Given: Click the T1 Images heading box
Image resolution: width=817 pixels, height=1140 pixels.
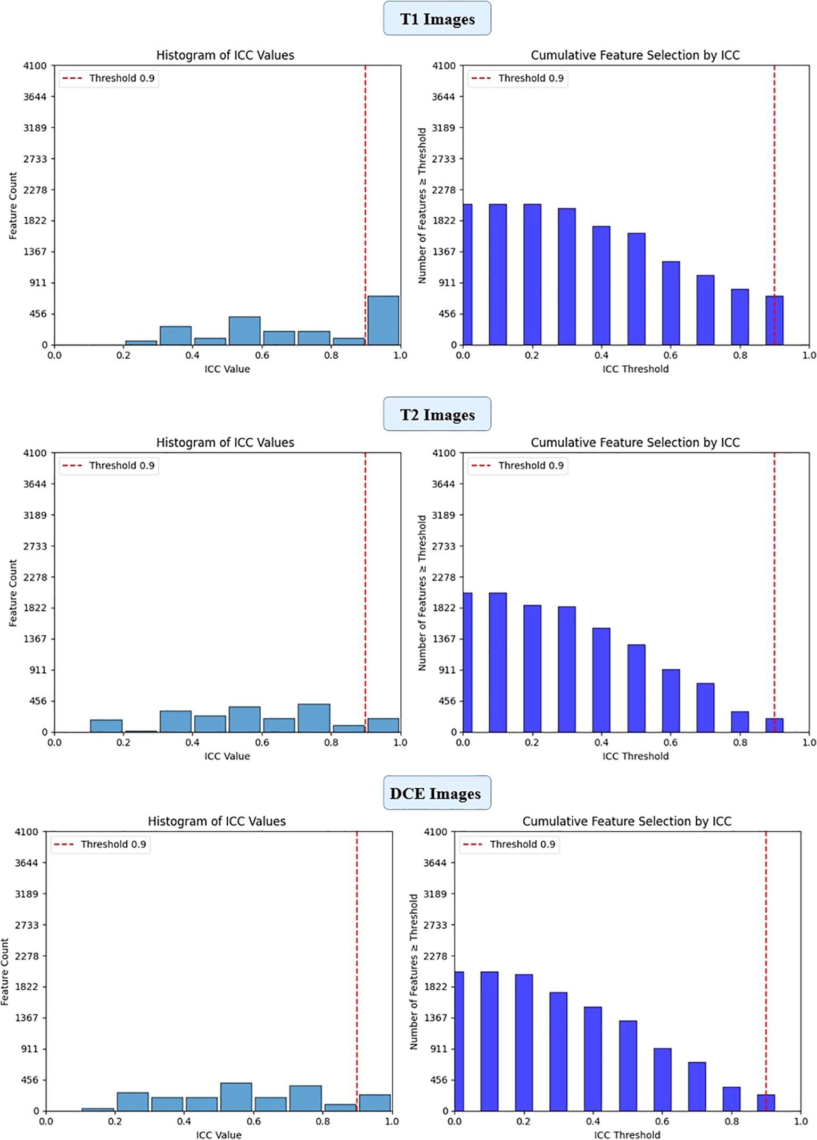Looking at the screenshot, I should (x=437, y=19).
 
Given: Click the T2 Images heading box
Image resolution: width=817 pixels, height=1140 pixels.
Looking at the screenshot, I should (x=437, y=415).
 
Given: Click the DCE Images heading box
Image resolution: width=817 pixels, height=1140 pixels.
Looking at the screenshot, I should (x=436, y=793).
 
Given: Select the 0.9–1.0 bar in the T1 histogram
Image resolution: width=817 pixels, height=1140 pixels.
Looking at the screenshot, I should (x=383, y=321).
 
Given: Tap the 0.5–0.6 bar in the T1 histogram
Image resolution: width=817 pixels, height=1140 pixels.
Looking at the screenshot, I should (x=245, y=331).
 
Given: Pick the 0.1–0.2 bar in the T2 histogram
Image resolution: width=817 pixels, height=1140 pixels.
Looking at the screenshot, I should (x=106, y=726).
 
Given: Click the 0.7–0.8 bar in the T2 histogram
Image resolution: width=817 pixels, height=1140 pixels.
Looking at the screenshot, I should (x=314, y=718).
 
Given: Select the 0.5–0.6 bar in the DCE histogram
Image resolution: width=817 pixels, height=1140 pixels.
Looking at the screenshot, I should (x=236, y=1097).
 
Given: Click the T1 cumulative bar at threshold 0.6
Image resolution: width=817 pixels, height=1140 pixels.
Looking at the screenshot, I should (x=671, y=303).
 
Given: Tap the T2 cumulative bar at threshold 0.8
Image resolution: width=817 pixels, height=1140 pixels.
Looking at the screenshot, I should (x=740, y=721).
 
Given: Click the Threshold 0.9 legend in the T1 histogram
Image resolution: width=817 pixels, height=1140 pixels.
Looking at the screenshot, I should (x=109, y=78).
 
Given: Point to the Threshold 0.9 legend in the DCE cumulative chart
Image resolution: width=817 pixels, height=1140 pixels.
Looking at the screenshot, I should (x=510, y=844).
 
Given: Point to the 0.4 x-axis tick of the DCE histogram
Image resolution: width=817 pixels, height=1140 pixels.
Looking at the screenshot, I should (x=184, y=1121).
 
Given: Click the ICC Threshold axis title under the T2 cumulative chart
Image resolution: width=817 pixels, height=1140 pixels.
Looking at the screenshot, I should (x=636, y=756).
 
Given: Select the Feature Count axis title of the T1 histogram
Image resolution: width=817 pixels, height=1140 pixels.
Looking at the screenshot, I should (x=13, y=206).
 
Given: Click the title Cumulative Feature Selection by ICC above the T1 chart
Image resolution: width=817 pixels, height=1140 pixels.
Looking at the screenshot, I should (x=636, y=55).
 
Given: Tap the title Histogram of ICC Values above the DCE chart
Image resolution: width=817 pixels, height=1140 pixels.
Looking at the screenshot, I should (x=217, y=822).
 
